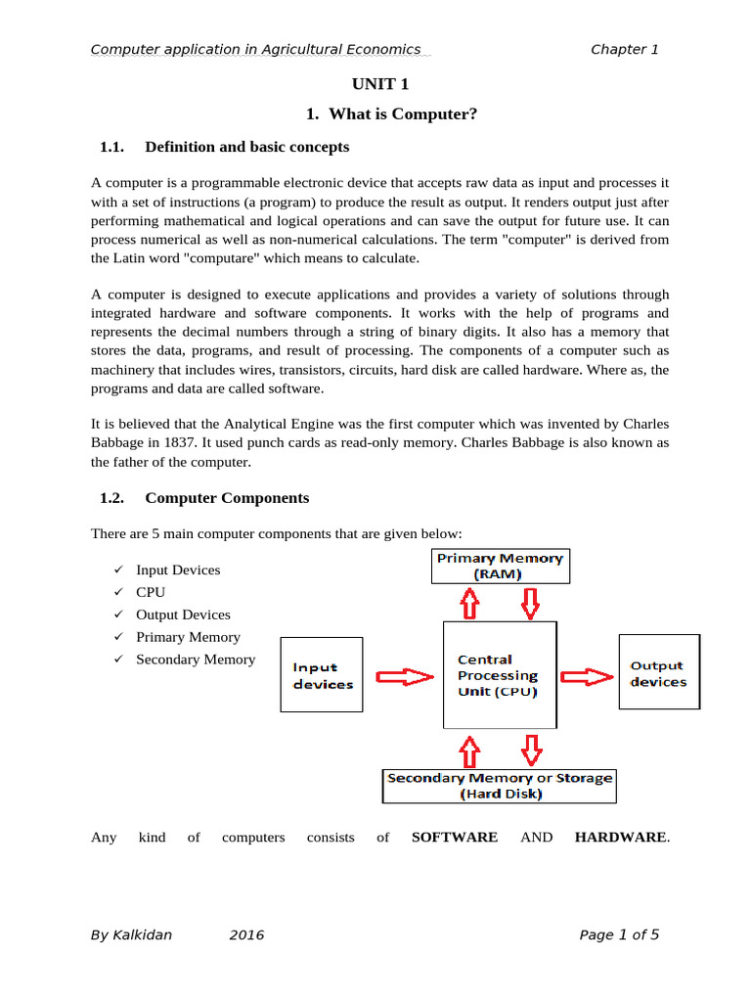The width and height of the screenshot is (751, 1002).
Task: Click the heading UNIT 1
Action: [x=375, y=84]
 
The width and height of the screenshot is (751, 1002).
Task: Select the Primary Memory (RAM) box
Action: [x=500, y=567]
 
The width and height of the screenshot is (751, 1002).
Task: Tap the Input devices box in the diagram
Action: [x=322, y=675]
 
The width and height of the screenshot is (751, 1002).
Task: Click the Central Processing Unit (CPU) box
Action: [x=499, y=675]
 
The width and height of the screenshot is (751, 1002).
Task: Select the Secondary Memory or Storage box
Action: [x=500, y=786]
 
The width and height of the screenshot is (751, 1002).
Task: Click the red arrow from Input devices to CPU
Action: [x=404, y=676]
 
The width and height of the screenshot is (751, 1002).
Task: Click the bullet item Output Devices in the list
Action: [x=183, y=615]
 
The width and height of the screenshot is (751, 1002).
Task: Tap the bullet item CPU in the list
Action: [x=151, y=592]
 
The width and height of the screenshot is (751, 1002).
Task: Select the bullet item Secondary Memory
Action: [x=195, y=660]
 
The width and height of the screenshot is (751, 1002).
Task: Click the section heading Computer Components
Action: [x=226, y=498]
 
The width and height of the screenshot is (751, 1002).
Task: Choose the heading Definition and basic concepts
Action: [x=246, y=148]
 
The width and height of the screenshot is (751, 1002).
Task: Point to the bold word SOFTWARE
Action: [x=455, y=838]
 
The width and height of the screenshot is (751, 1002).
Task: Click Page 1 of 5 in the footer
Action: [x=619, y=934]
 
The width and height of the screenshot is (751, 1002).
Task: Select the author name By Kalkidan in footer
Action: [x=131, y=934]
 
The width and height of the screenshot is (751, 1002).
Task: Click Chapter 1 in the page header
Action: [x=625, y=49]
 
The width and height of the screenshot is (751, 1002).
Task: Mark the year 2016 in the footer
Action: [x=246, y=934]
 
